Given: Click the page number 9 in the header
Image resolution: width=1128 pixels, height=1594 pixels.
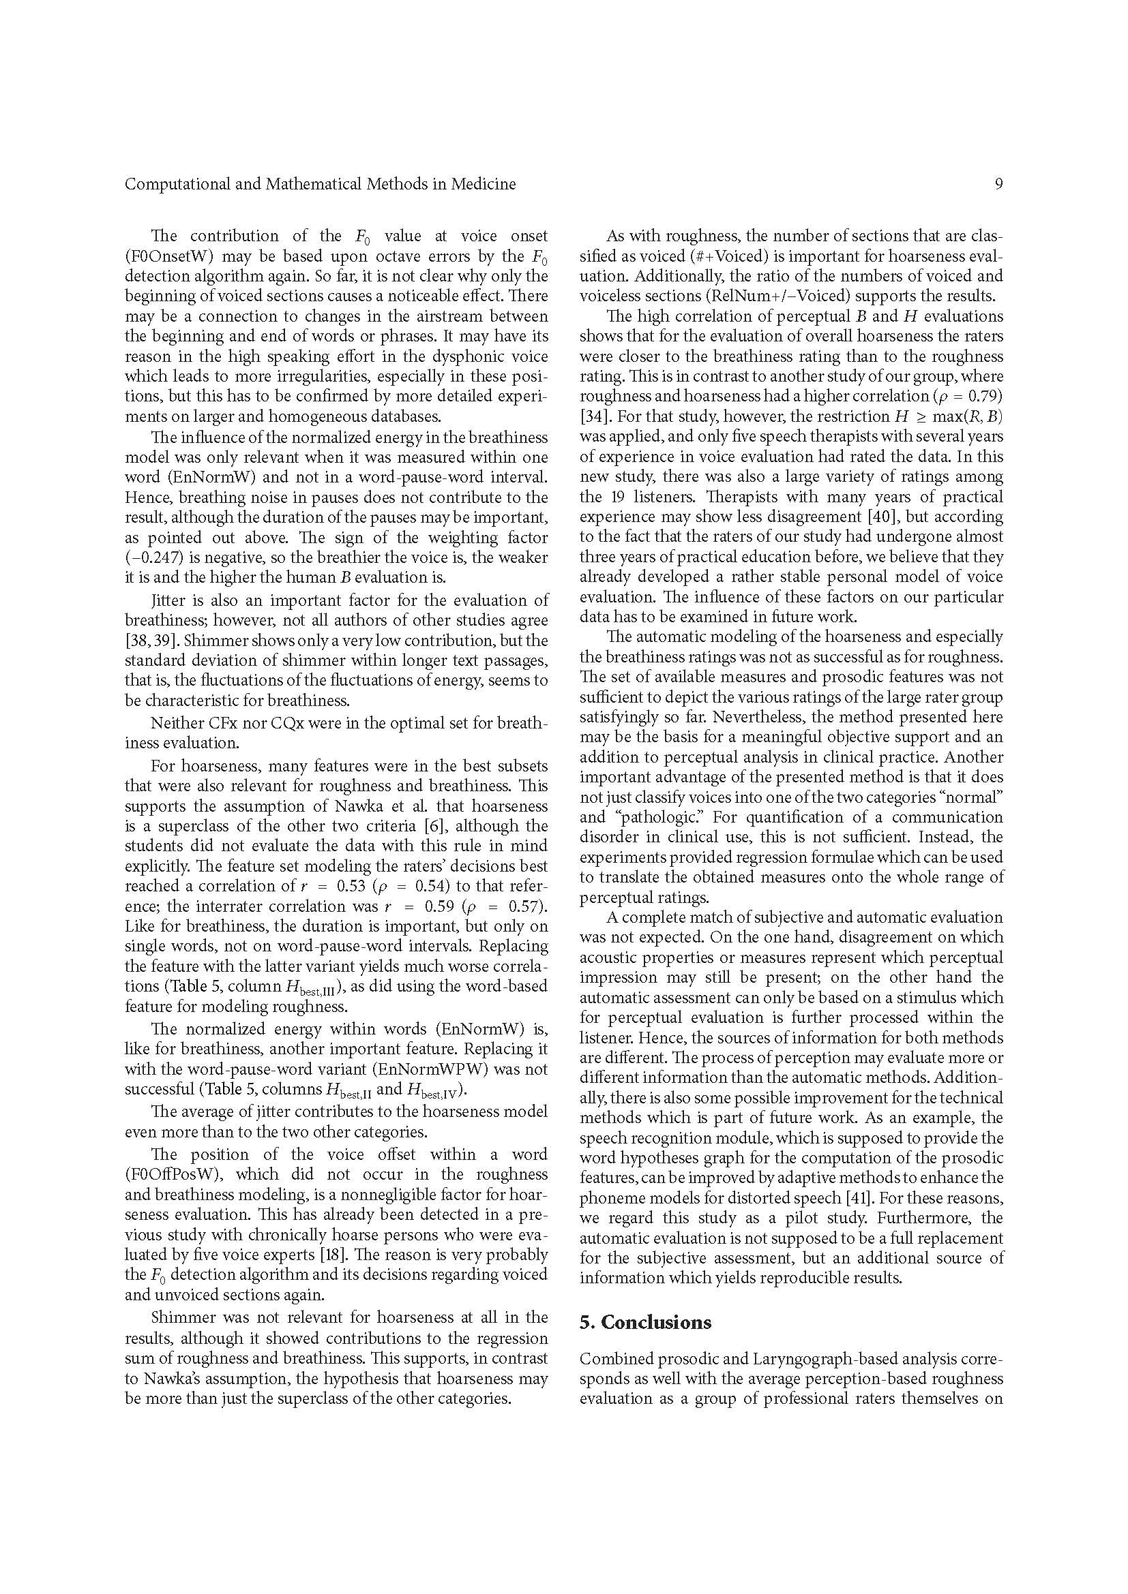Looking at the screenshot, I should pos(998,184).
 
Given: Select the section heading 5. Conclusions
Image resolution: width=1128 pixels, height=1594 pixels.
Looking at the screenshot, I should pos(645,1322).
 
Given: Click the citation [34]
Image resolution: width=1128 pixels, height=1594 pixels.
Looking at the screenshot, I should pos(595,416).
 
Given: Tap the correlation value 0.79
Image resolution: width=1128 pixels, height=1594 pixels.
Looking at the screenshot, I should pos(983,397).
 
